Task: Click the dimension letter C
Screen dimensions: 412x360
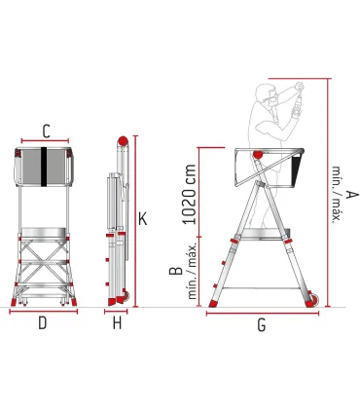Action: pyautogui.click(x=46, y=130)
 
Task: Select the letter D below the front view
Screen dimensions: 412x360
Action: pyautogui.click(x=43, y=323)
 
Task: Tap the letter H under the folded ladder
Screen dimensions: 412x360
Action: pyautogui.click(x=117, y=323)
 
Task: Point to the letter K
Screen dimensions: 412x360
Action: pyautogui.click(x=142, y=220)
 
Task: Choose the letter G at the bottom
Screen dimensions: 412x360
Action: pyautogui.click(x=262, y=325)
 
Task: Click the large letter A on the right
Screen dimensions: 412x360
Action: pyautogui.click(x=351, y=195)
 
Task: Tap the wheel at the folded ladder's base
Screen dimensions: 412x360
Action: pyautogui.click(x=123, y=300)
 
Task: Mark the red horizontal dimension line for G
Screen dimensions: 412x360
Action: pyautogui.click(x=262, y=313)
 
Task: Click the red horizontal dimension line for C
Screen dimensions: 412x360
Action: pyautogui.click(x=46, y=140)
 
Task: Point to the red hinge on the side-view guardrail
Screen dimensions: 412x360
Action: pyautogui.click(x=257, y=155)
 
